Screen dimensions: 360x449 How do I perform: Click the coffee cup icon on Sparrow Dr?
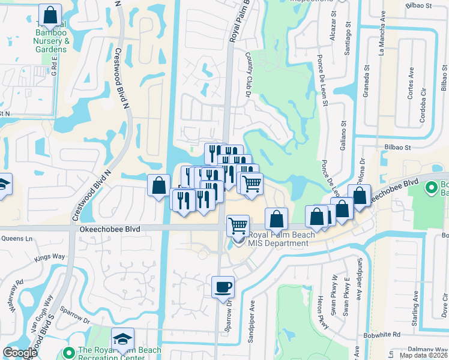tap(223, 286)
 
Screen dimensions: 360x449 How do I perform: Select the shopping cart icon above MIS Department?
tap(238, 225)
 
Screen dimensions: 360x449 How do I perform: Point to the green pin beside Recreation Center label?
tap(70, 352)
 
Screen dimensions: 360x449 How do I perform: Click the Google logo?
tap(20, 353)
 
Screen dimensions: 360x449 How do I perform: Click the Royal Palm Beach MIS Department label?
tap(279, 239)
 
